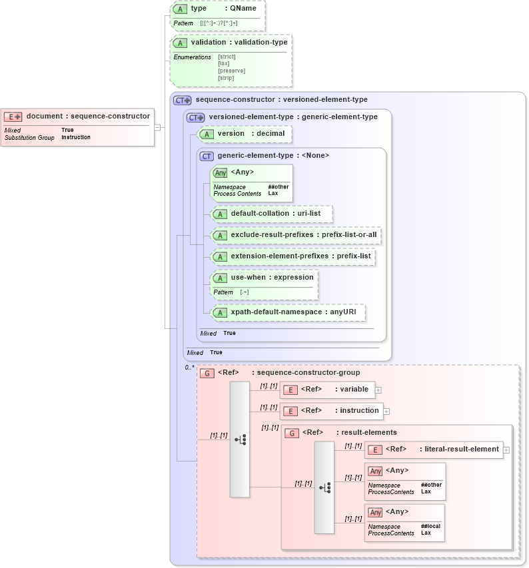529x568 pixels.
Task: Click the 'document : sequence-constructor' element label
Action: (88, 116)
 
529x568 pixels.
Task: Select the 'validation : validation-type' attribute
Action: (239, 43)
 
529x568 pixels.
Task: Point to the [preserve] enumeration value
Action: (231, 71)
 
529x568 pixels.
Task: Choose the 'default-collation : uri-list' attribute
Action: (275, 214)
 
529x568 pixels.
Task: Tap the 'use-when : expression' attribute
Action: (272, 278)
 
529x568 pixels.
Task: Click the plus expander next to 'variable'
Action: (378, 390)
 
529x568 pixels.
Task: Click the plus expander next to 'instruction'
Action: (386, 412)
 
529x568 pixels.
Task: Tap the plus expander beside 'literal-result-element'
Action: (506, 449)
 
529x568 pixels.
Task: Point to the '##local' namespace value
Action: (430, 526)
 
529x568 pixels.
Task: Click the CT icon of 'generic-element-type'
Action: (207, 156)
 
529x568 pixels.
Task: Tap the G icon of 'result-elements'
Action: (292, 433)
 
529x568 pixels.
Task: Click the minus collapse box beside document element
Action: (157, 127)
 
